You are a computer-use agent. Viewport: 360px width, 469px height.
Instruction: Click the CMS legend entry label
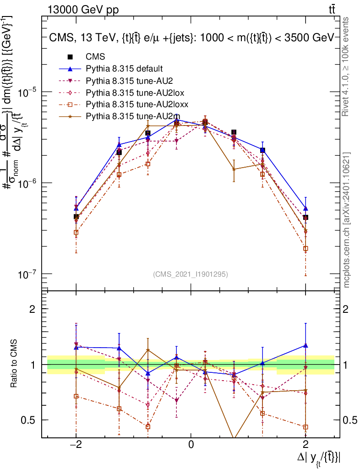[x=95, y=57]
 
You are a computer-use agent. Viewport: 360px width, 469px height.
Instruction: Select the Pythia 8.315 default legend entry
[x=124, y=69]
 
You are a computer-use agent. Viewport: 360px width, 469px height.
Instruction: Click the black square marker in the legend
[x=70, y=57]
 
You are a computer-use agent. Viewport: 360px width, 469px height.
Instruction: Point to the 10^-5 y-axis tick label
[x=27, y=92]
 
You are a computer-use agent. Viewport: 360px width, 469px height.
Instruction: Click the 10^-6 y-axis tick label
[x=27, y=183]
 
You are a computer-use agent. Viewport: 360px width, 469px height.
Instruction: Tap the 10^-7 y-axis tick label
[x=27, y=274]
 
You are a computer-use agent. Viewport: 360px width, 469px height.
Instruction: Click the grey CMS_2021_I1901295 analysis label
[x=191, y=274]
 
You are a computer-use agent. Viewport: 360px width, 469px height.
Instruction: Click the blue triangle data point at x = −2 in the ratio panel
[x=76, y=347]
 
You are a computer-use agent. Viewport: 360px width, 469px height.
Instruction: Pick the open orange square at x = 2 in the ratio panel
[x=305, y=427]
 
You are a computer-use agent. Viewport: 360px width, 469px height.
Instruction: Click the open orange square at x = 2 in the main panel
[x=305, y=249]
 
